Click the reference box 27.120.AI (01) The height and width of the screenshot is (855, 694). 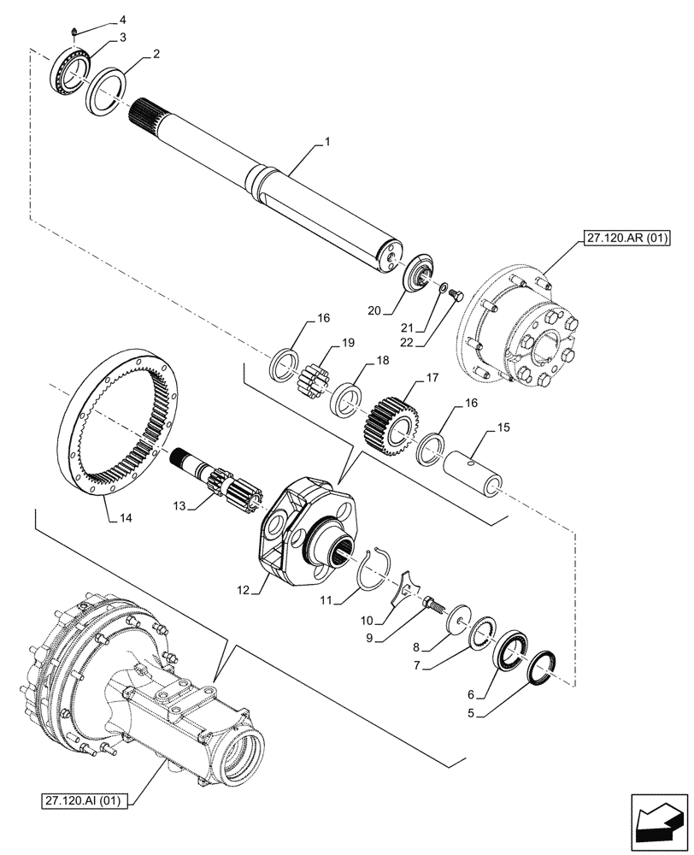(83, 801)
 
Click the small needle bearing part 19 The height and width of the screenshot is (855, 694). (312, 374)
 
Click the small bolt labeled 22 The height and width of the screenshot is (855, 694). (455, 297)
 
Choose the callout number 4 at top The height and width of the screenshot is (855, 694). (121, 19)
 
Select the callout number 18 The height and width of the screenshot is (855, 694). (372, 363)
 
